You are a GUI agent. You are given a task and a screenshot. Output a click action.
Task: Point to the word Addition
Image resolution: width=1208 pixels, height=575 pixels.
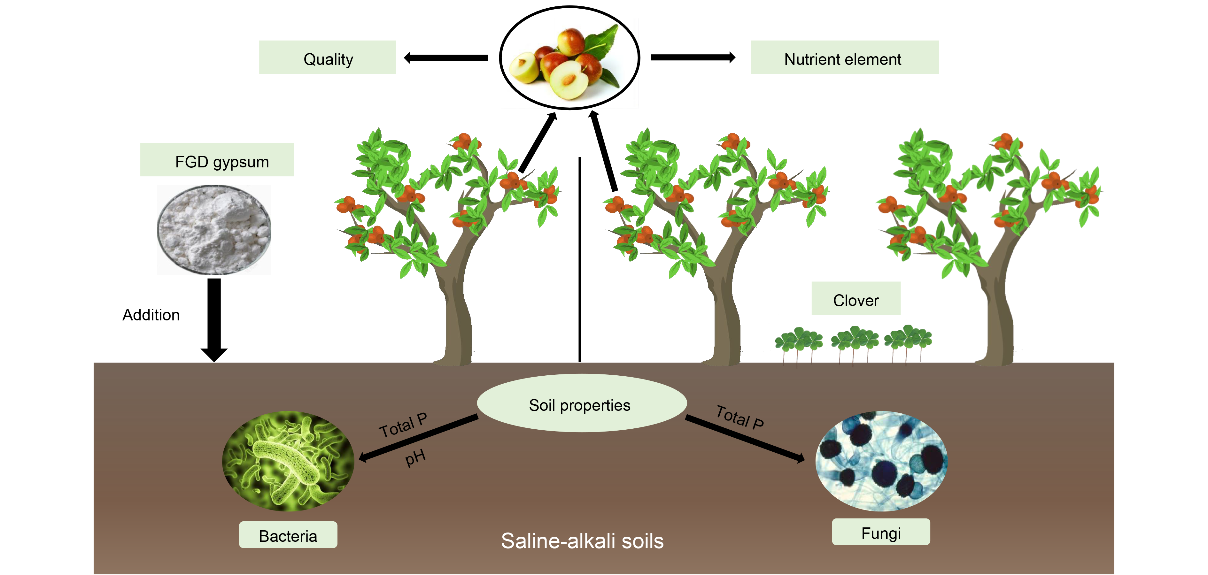click(151, 315)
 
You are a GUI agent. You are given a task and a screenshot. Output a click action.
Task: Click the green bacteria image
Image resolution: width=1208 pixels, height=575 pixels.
click(288, 461)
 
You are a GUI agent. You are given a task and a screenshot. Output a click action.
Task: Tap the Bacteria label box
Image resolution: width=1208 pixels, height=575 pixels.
click(288, 535)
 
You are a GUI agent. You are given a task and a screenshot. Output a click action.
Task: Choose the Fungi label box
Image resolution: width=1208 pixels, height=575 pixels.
click(881, 533)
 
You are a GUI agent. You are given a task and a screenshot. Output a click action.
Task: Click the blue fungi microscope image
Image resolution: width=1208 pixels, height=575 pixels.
click(881, 461)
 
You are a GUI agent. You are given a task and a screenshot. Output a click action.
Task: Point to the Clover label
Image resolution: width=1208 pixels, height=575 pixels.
click(856, 299)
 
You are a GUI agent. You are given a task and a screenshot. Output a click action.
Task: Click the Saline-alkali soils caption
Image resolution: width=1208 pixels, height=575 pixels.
click(582, 541)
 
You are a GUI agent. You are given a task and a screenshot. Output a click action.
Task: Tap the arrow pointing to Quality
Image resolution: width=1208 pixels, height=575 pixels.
click(445, 57)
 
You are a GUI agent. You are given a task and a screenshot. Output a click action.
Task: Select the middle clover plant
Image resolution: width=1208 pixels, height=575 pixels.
click(855, 342)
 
